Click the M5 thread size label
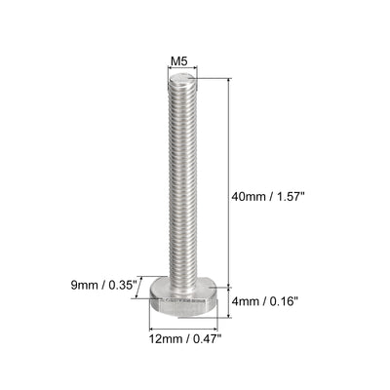pyautogui.click(x=179, y=61)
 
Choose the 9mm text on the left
pyautogui.click(x=85, y=286)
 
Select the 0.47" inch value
pyautogui.click(x=208, y=338)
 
